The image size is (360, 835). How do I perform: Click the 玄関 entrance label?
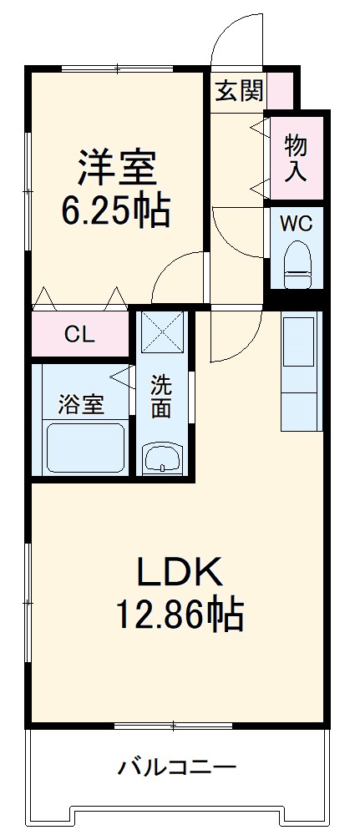pos(240,90)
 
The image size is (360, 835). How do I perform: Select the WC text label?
pos(295,223)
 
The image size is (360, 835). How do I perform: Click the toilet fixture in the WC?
pos(296,264)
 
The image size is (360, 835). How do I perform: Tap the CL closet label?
pos(80,336)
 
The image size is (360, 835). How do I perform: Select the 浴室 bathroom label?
pos(81,406)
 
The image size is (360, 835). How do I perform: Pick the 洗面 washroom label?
pos(162,397)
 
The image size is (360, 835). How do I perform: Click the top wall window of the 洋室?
pos(117,68)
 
